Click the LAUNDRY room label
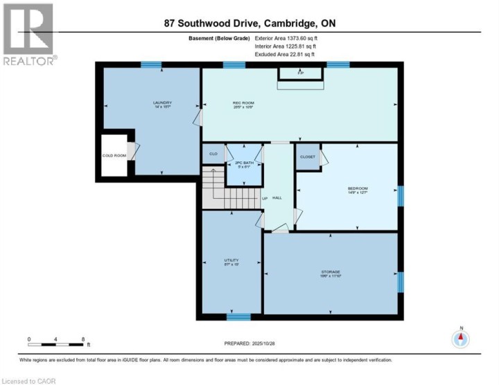[162, 103]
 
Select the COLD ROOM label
[114, 156]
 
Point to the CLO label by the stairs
[213, 153]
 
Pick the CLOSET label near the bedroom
[308, 157]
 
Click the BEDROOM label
[358, 188]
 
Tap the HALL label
[277, 199]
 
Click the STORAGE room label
[330, 271]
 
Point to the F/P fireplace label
[301, 71]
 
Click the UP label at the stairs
[265, 199]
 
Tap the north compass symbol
[461, 339]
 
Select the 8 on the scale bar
[83, 339]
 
